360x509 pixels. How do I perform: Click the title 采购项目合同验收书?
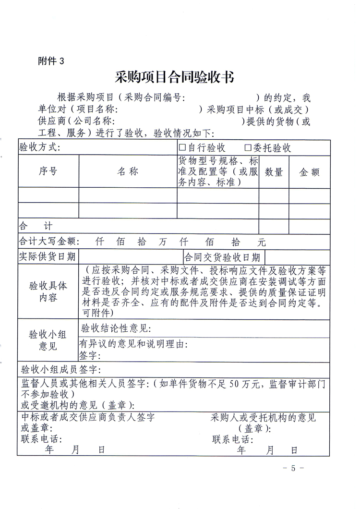175,77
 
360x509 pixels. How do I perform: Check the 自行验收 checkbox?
182,148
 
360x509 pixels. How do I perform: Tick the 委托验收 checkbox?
248,148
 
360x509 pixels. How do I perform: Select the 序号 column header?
48,171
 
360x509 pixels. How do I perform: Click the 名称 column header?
128,171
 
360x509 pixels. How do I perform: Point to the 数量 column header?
274,172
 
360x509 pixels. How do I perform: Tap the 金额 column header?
310,172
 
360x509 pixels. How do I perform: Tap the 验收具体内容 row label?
48,291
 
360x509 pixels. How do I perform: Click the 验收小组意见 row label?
48,340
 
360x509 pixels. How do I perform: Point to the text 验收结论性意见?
116,328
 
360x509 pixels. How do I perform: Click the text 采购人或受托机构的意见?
264,418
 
